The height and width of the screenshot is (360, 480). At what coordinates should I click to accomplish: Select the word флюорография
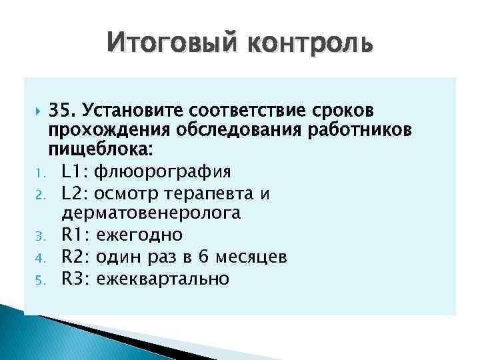pos(163,173)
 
